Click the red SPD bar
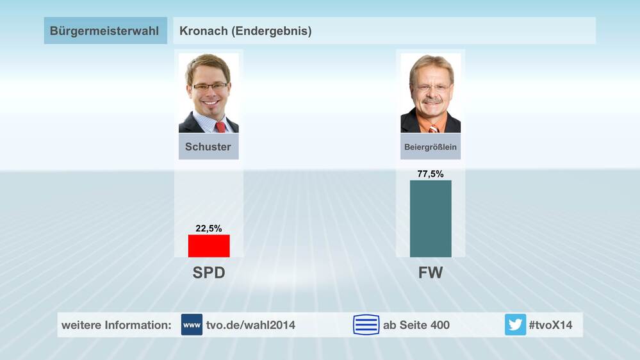[208, 246]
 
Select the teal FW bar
[431, 218]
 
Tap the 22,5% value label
[208, 228]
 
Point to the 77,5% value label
[431, 174]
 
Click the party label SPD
[209, 274]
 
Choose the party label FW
[431, 274]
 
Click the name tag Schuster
[208, 147]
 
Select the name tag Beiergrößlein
[431, 147]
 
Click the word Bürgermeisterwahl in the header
[104, 31]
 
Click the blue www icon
[192, 325]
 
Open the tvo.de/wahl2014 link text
[251, 325]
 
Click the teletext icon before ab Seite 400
[366, 325]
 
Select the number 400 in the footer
[439, 325]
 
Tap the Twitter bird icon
[515, 325]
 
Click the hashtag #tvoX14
[550, 325]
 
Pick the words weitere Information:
[117, 325]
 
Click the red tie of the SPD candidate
[220, 126]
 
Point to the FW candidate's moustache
[432, 102]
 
